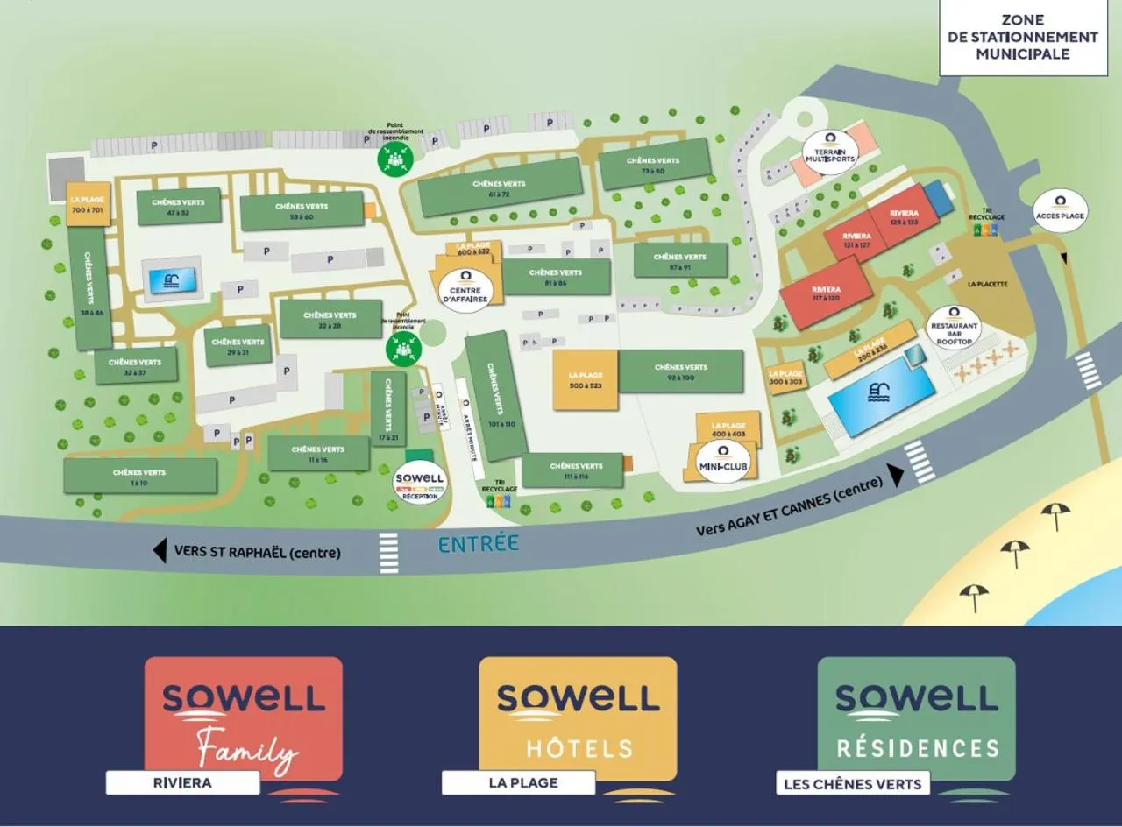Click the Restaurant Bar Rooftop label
coord(954,327)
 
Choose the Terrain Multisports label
coord(830,150)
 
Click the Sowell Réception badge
coord(419,482)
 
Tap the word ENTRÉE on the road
coord(479,544)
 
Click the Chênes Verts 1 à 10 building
coord(139,476)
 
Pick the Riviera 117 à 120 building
coord(826,294)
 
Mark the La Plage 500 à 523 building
coord(586,379)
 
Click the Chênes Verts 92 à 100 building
coord(681,371)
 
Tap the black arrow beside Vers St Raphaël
coord(160,550)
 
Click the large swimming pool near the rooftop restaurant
coord(879,396)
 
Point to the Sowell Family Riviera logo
coord(243,718)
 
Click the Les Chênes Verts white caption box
coord(852,783)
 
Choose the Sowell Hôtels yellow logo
coord(578,718)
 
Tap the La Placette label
coord(988,284)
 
